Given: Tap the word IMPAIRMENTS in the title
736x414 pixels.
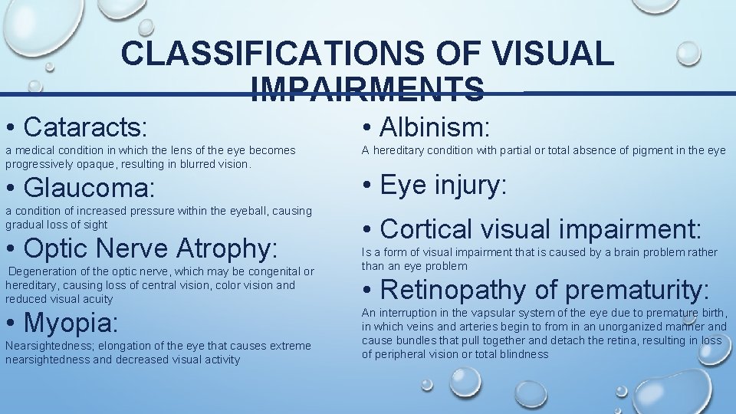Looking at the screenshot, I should [366, 90].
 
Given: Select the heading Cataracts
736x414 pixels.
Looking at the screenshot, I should [85, 123].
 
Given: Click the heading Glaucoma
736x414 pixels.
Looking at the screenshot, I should [89, 187].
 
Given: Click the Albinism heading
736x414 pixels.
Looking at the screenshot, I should [435, 123].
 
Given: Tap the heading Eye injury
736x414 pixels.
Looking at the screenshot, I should [443, 186].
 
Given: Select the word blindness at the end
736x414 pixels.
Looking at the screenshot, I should [524, 354].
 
